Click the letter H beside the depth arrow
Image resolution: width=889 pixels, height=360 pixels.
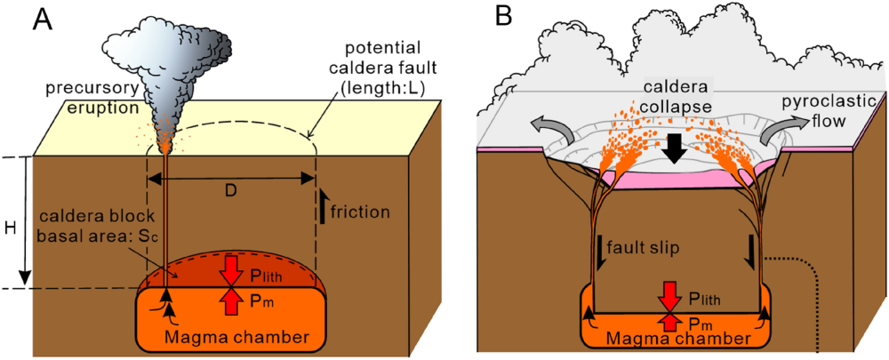[11, 228]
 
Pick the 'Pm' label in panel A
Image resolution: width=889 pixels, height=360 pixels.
[260, 303]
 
